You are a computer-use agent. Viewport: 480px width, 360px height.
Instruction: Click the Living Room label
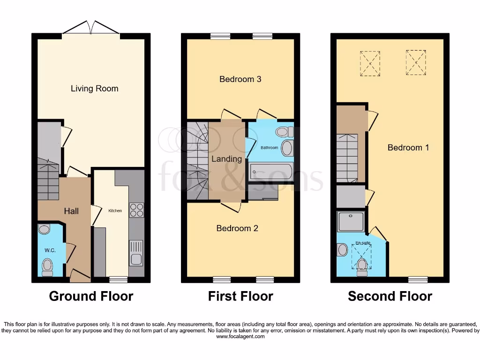(x=94, y=89)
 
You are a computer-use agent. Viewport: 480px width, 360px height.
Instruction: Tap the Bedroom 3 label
(x=240, y=79)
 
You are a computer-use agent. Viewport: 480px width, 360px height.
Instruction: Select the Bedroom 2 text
(x=237, y=228)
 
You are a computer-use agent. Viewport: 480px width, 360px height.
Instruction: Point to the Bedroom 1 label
(x=408, y=148)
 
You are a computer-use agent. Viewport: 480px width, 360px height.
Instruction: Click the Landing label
(x=226, y=159)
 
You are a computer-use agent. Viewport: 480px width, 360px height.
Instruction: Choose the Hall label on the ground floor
(x=71, y=211)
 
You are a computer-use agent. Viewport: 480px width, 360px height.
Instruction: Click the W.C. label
(x=50, y=250)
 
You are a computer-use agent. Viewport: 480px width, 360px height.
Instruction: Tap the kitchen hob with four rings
(x=136, y=210)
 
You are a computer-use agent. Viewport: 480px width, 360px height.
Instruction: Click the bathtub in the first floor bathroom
(x=271, y=172)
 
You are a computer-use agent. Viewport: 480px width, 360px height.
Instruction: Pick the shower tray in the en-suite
(x=351, y=221)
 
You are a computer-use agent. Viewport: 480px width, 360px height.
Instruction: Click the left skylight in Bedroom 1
(x=370, y=63)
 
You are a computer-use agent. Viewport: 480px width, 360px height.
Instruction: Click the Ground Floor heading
(x=91, y=296)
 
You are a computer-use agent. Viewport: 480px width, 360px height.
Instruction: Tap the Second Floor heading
(x=390, y=296)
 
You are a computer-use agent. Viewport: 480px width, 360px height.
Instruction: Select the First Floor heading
(x=240, y=296)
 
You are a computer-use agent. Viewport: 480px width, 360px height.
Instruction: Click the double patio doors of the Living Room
(x=91, y=28)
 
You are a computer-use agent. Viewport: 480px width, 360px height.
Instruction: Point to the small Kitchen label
(x=115, y=211)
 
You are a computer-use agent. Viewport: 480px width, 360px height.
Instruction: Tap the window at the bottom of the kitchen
(x=118, y=279)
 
